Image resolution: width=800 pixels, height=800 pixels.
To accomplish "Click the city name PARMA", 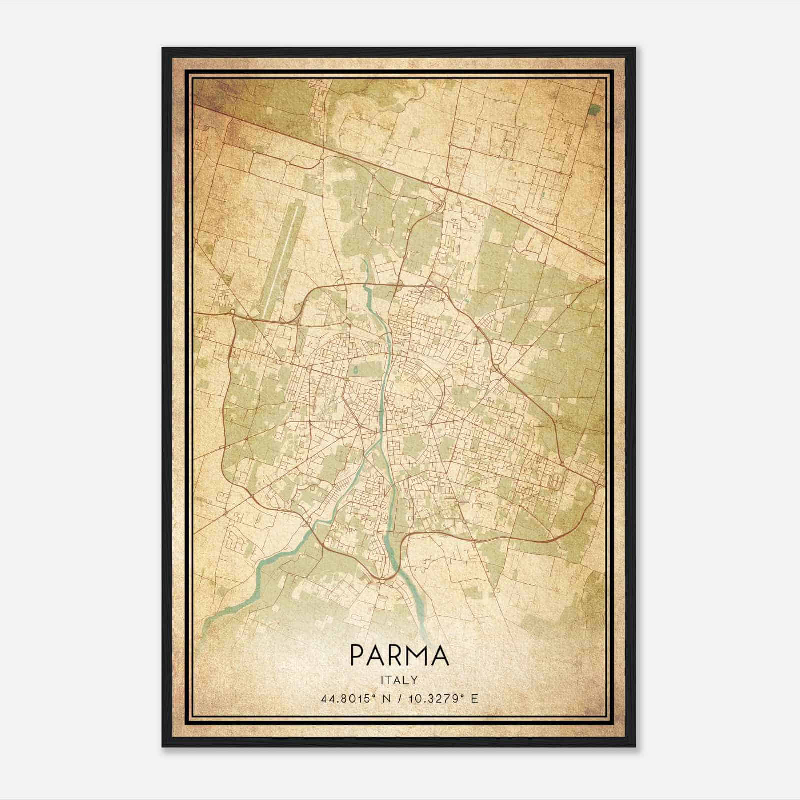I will [399, 656].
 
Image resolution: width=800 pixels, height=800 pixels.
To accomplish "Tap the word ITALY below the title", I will [399, 680].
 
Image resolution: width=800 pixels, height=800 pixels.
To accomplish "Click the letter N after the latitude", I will [386, 698].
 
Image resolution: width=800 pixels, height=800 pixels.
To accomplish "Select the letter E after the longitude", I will [474, 698].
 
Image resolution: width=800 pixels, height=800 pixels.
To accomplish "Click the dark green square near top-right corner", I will [594, 109].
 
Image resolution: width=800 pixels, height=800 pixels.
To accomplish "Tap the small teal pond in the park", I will [354, 370].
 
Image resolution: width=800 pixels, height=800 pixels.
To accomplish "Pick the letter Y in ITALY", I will [414, 680].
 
